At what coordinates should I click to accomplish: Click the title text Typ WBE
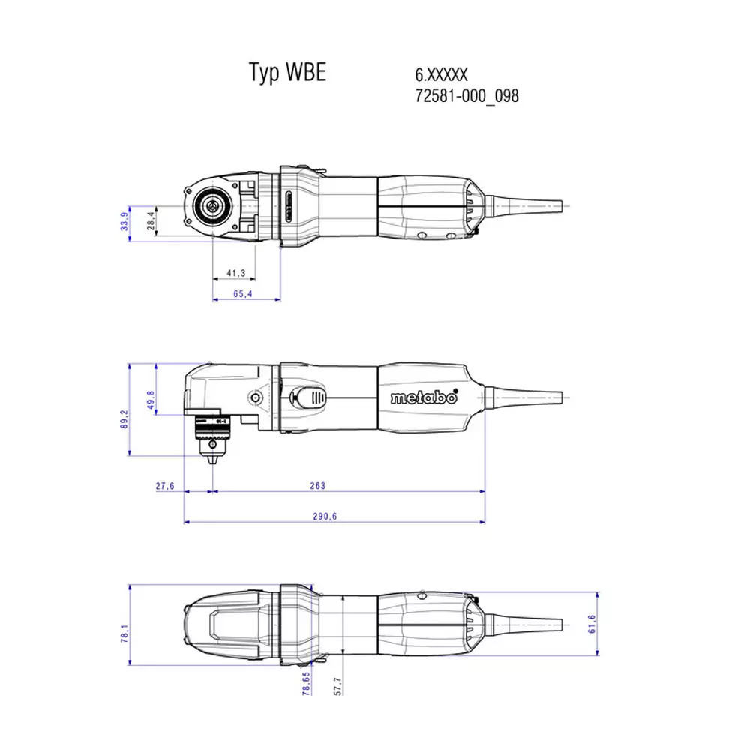(x=287, y=73)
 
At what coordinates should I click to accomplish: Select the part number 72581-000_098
(x=466, y=96)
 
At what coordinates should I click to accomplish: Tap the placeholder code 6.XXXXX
(x=441, y=75)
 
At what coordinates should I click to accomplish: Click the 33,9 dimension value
(x=124, y=222)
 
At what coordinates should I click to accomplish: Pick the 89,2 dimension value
(x=124, y=417)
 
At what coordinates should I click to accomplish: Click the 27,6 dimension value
(x=165, y=486)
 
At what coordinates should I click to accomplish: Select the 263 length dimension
(x=317, y=486)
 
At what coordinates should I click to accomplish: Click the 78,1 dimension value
(x=124, y=634)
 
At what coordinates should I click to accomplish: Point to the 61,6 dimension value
(x=591, y=624)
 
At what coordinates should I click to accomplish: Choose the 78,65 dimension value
(x=305, y=685)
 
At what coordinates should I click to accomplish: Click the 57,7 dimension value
(x=337, y=685)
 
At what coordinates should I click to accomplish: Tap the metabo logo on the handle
(x=423, y=397)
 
